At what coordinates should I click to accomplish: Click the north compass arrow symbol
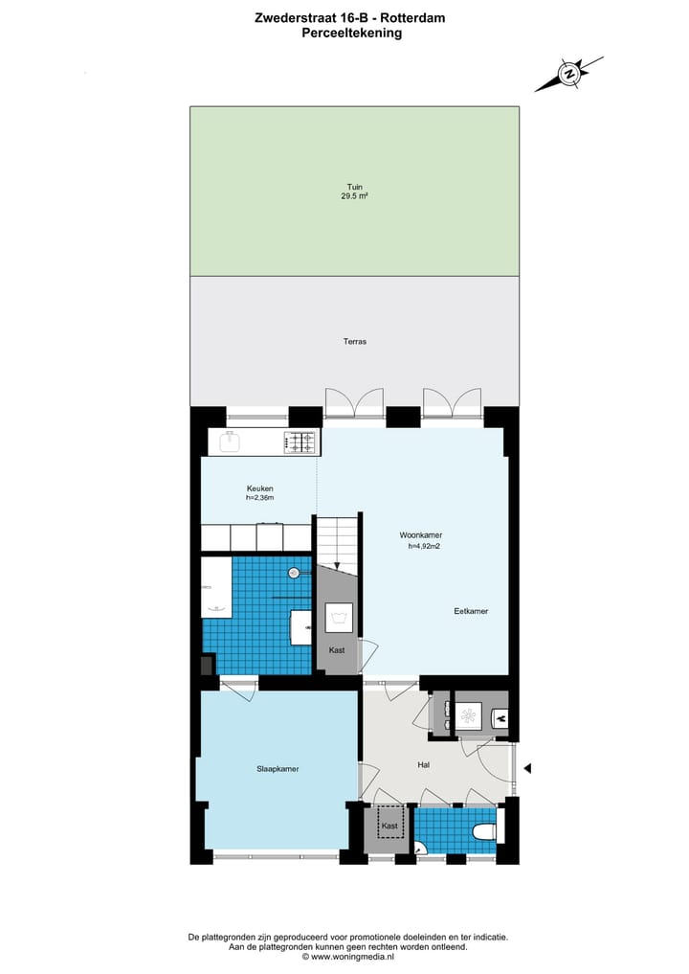(x=568, y=74)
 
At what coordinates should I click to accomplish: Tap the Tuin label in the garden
(x=355, y=188)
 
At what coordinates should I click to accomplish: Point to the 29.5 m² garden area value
(x=355, y=196)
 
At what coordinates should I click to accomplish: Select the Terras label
(x=355, y=341)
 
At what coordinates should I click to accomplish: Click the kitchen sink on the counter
(x=230, y=442)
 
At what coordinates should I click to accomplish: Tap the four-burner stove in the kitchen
(x=300, y=442)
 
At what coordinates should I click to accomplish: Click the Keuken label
(x=259, y=488)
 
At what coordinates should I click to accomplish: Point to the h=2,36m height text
(x=259, y=498)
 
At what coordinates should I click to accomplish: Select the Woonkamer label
(x=420, y=535)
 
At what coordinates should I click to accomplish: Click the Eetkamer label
(x=471, y=611)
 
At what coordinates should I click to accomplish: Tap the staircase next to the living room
(x=338, y=541)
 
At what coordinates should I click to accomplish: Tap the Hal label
(x=423, y=765)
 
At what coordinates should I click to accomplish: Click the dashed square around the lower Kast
(x=389, y=825)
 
